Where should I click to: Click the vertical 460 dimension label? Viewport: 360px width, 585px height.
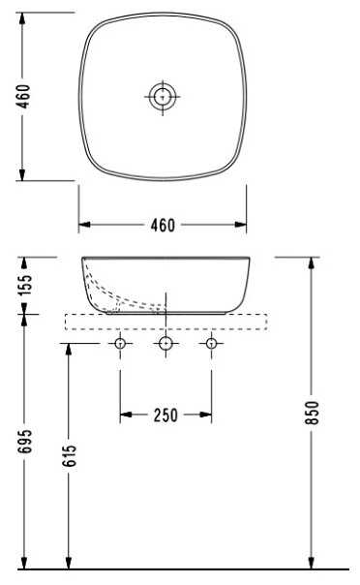coord(23,96)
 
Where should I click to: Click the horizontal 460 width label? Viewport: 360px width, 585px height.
coord(163,226)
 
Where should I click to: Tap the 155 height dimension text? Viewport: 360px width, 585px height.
coord(25,285)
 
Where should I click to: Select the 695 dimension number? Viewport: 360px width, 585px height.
coord(25,442)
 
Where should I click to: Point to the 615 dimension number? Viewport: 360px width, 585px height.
coord(70,455)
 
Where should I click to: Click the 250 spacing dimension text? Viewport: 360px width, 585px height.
coord(165,416)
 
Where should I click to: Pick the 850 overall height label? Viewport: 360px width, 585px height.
coord(313,413)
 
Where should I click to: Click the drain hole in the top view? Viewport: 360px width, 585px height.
coord(163,97)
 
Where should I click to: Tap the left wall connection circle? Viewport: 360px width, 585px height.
coord(120,343)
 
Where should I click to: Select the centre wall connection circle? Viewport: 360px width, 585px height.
coord(165,343)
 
